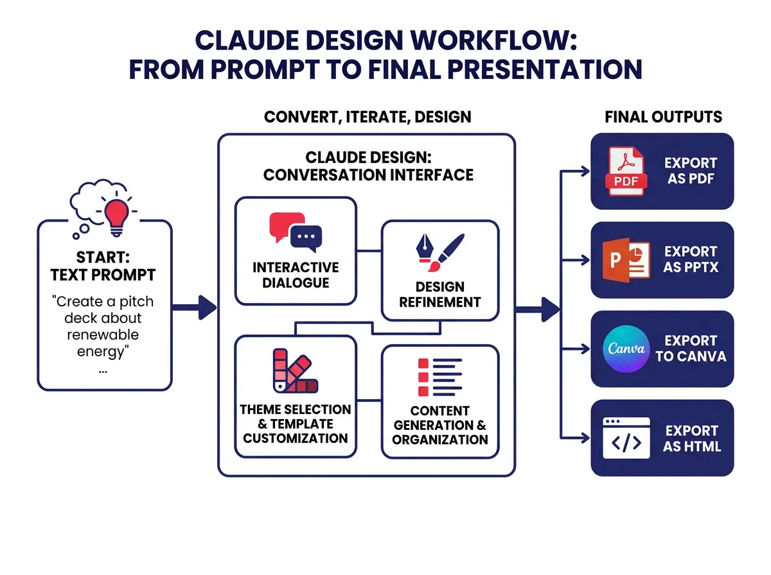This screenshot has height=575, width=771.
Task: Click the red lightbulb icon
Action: (x=116, y=213)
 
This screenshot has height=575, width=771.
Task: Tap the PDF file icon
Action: (x=625, y=171)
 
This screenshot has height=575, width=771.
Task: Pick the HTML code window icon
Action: (x=626, y=438)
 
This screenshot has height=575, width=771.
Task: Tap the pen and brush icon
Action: (x=439, y=256)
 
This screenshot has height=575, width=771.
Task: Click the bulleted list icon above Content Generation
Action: (x=439, y=377)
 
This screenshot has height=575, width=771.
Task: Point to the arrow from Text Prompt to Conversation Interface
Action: (x=197, y=307)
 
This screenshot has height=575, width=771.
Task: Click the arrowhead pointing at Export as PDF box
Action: (x=585, y=171)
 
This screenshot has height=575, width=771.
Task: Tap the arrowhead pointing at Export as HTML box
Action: (x=585, y=438)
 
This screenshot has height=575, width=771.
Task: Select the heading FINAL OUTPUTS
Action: (x=663, y=117)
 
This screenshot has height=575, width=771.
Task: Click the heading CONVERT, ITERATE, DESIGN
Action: (x=368, y=117)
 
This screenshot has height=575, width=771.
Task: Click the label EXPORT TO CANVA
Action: (x=691, y=348)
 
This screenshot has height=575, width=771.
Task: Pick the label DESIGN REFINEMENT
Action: (x=439, y=294)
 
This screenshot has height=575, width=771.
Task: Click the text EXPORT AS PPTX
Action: (x=691, y=259)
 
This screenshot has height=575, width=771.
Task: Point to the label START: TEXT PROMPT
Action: (x=103, y=266)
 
